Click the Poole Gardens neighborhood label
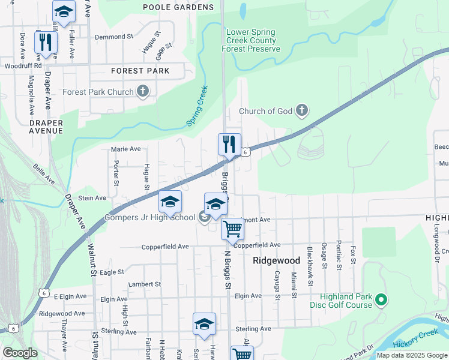pos(178,7)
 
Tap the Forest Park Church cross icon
pos(142,92)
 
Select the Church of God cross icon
pos(302,110)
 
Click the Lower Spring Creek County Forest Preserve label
pos(251,40)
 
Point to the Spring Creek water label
pos(197,106)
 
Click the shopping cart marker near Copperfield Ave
pos(232,228)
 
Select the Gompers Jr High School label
pos(150,217)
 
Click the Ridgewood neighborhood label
pos(276,260)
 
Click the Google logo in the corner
pos(20,353)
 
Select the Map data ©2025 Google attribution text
pos(411,355)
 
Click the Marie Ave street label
pos(125,149)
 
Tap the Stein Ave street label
pos(92,197)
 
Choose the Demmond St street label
pos(113,37)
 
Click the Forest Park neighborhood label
pos(140,71)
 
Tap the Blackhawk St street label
pos(310,257)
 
